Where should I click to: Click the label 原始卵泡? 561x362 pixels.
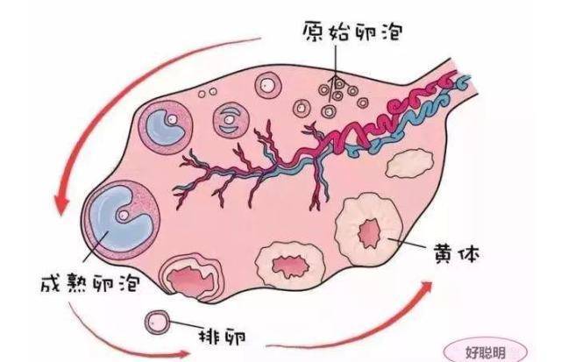[x=352, y=32]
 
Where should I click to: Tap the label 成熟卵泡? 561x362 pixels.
[x=90, y=284]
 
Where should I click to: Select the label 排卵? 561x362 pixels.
[x=223, y=336]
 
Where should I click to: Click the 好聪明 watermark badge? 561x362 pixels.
[x=485, y=352]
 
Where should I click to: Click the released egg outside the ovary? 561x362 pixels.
[x=157, y=322]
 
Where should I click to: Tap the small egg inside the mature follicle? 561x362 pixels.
[x=123, y=215]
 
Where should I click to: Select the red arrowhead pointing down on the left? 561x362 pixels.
[x=60, y=203]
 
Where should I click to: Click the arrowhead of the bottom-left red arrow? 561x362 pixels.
[x=183, y=354]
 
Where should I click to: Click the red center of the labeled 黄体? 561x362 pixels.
[x=368, y=233]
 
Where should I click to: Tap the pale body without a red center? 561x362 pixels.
[x=409, y=164]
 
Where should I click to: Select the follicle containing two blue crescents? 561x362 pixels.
[x=231, y=119]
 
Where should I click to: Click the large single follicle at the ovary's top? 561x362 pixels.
[x=268, y=85]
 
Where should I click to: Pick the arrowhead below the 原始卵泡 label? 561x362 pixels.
[x=336, y=80]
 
